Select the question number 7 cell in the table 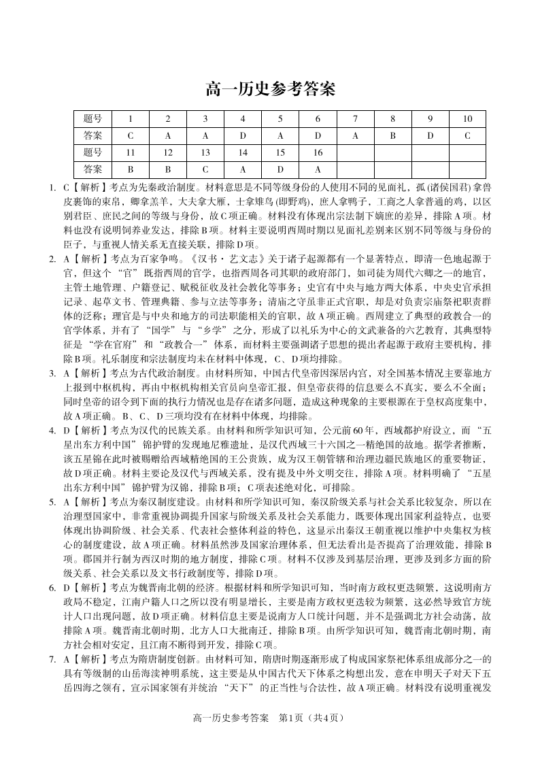coord(354,119)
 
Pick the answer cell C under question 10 coord(467,135)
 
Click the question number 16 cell coord(317,152)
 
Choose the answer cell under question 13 coord(205,169)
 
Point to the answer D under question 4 coord(242,135)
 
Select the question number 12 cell coord(168,152)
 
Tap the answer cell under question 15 coord(280,169)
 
